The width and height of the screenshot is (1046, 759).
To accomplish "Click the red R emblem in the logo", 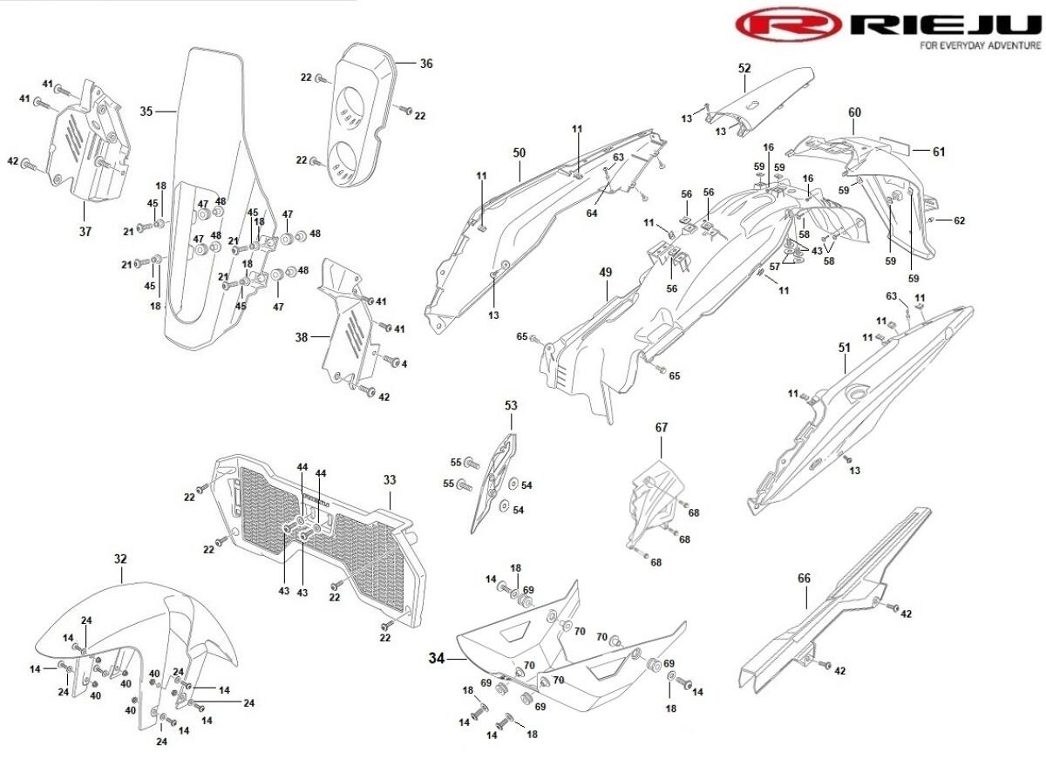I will [x=788, y=24].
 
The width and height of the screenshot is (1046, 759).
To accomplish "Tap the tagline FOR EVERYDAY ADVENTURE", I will [x=980, y=45].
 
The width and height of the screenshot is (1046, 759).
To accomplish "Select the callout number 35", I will [x=146, y=112].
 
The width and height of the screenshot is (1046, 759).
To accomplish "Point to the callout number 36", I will [x=425, y=64].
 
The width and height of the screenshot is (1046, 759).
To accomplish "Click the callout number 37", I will [x=85, y=232].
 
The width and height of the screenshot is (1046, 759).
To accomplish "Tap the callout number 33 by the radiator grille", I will [x=389, y=479].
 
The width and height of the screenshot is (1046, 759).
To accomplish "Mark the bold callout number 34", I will [x=437, y=659].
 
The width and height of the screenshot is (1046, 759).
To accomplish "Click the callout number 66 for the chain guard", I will [x=804, y=578].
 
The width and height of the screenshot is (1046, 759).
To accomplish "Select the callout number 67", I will [x=662, y=427].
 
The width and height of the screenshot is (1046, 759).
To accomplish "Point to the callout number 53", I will [x=511, y=405].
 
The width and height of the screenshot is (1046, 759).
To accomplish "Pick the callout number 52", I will [x=744, y=67].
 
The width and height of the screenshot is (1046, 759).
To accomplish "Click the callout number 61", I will [x=938, y=152].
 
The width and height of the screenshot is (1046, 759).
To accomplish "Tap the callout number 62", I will [x=959, y=220].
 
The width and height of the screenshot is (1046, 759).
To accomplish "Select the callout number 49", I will [x=606, y=272].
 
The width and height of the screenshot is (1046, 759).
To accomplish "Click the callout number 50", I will [x=520, y=152].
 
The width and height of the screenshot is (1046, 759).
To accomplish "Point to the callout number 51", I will [x=844, y=347].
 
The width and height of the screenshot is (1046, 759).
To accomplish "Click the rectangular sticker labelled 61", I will [x=894, y=144].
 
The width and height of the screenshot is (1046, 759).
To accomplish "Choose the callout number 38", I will [x=301, y=335].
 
